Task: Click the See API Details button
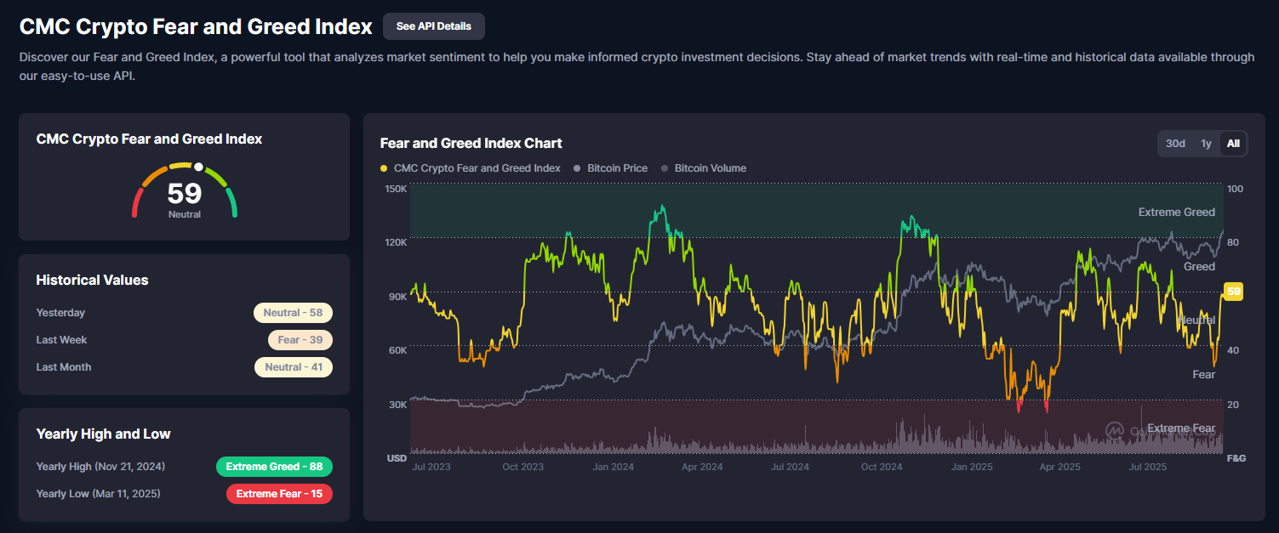[x=433, y=26]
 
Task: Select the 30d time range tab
[x=1175, y=144]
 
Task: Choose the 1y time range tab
[x=1206, y=144]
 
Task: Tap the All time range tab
[x=1233, y=144]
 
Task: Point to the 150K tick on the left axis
[x=396, y=189]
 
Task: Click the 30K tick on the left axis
[x=397, y=405]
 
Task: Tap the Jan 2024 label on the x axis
[x=613, y=467]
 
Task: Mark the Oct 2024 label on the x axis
[x=881, y=467]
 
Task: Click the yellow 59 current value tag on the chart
[x=1234, y=292]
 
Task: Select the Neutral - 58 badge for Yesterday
[x=293, y=313]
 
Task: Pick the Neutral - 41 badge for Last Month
[x=293, y=367]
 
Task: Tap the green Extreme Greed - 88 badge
[x=274, y=467]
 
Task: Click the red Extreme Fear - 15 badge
[x=279, y=494]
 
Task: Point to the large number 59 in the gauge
[x=185, y=193]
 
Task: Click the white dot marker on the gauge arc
[x=198, y=167]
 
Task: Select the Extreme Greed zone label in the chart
[x=1176, y=213]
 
